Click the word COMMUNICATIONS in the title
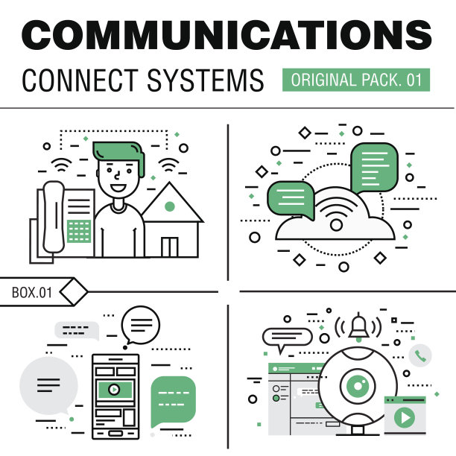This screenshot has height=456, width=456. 227,34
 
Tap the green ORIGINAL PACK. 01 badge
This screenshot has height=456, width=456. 356,80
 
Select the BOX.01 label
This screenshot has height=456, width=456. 32,293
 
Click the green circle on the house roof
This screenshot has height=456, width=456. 170,206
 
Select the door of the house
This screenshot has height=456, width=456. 170,247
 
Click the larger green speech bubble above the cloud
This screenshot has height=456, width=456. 375,168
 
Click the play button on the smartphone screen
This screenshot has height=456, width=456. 113,388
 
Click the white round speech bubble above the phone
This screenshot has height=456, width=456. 141,324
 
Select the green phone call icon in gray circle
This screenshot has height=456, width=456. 421,355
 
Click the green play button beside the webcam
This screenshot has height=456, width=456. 405,417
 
